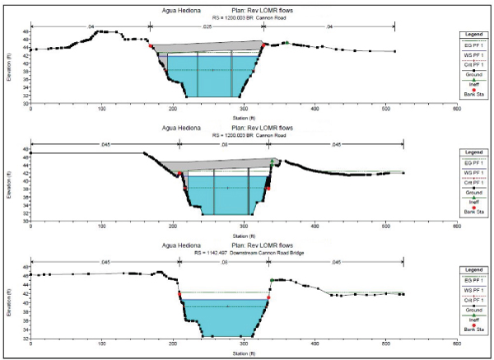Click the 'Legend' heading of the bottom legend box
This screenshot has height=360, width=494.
click(471, 269)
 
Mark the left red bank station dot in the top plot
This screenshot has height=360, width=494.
click(151, 46)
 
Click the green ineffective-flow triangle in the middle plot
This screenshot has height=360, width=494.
click(273, 161)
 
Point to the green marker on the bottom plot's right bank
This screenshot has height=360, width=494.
click(273, 281)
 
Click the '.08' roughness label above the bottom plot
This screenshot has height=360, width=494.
click(225, 263)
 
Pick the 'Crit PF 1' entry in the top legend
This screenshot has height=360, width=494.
click(471, 63)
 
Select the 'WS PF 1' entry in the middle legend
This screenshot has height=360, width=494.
click(471, 175)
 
